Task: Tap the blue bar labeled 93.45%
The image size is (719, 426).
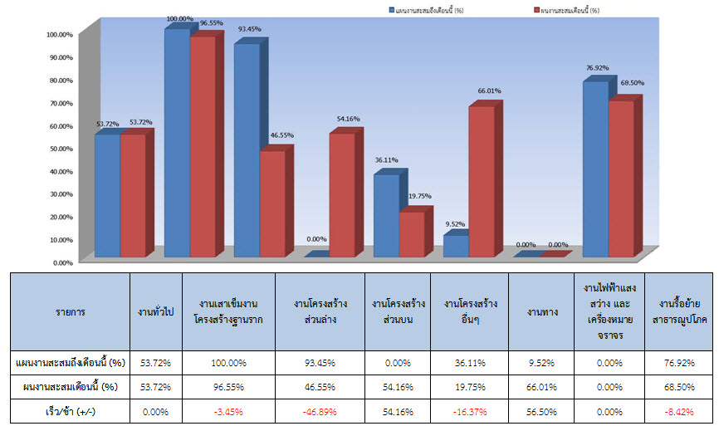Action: (x=247, y=150)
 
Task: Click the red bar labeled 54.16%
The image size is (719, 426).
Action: (x=342, y=194)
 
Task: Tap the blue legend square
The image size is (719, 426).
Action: (x=391, y=11)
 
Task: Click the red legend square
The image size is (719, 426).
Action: (x=534, y=11)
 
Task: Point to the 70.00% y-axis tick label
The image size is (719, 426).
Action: (x=60, y=103)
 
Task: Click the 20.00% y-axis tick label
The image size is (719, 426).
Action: (x=60, y=217)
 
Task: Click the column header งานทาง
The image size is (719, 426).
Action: (x=540, y=312)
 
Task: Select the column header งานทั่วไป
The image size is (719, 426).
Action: (x=154, y=312)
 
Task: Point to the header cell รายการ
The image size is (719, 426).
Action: (x=71, y=312)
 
